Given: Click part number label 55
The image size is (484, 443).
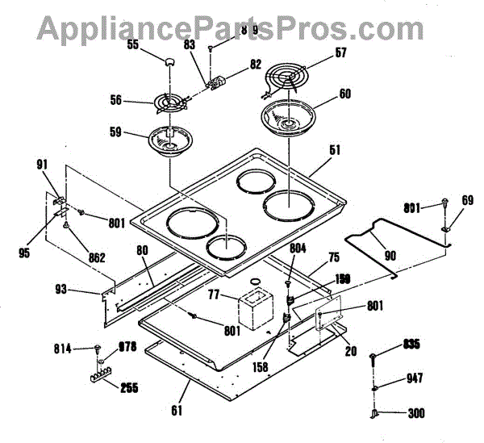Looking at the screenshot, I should tap(133, 45).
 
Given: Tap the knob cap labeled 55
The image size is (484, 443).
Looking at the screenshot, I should tap(169, 61).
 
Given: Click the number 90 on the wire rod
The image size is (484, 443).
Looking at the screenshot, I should tap(390, 256).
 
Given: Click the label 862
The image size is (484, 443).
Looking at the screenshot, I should tap(96, 258).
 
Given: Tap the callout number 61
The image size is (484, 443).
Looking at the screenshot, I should tap(175, 410).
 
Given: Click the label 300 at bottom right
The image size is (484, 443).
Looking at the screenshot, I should tap(416, 414).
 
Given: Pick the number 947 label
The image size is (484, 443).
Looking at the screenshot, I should tap(414, 378).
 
